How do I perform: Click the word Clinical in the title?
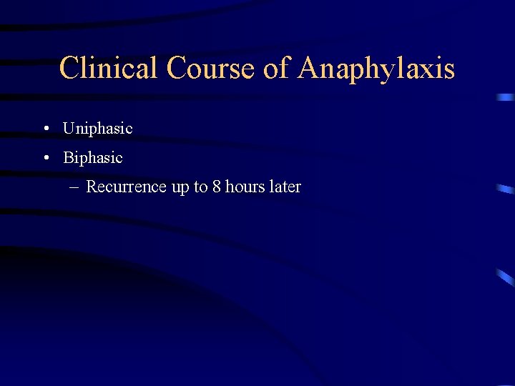(x=109, y=69)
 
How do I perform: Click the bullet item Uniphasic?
(x=97, y=129)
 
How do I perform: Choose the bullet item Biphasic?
(x=93, y=157)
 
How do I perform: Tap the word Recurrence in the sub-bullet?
(x=126, y=187)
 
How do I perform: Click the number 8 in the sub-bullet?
(x=217, y=187)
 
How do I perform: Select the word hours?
(x=245, y=187)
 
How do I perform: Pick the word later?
(x=285, y=187)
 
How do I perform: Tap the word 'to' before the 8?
(x=201, y=187)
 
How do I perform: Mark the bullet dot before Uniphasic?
(x=45, y=129)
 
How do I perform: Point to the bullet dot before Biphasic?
(x=45, y=158)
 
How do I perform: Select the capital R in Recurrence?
(x=92, y=187)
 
